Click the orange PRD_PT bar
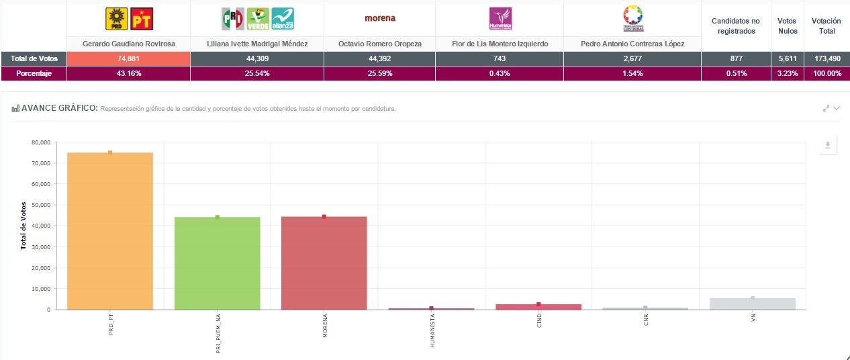(x=110, y=231)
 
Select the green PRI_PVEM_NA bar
(x=217, y=263)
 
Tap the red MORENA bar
(x=324, y=263)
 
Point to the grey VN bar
(x=753, y=304)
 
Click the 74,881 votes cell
(x=128, y=58)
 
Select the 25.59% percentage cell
(x=379, y=73)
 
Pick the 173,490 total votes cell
(x=826, y=58)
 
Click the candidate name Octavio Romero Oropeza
(x=379, y=44)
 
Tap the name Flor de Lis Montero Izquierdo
(x=500, y=44)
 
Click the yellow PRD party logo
(x=117, y=19)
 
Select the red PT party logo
(x=141, y=19)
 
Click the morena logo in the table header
(x=379, y=18)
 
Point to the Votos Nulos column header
(x=788, y=26)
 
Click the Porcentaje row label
(x=34, y=73)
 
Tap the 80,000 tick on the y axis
(x=41, y=142)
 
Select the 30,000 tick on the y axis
(x=41, y=247)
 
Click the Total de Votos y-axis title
(x=23, y=226)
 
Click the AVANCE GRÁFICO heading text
(x=60, y=108)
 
